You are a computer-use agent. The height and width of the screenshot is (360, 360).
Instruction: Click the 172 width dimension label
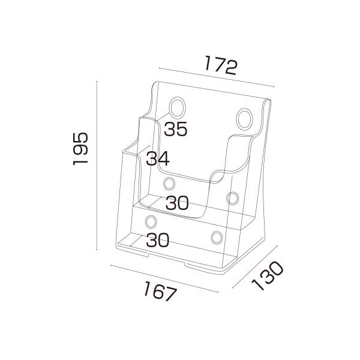pyautogui.click(x=220, y=65)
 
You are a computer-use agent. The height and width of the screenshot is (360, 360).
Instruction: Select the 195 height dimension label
pyautogui.click(x=80, y=149)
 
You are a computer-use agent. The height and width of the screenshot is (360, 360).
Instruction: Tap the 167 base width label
pyautogui.click(x=160, y=291)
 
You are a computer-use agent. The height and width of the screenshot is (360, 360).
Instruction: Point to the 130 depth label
pyautogui.click(x=268, y=275)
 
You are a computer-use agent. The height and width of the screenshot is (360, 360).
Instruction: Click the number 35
pyautogui.click(x=176, y=129)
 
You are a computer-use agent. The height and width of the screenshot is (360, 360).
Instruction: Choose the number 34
pyautogui.click(x=158, y=158)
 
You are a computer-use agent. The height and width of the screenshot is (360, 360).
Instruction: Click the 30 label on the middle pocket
pyautogui.click(x=177, y=203)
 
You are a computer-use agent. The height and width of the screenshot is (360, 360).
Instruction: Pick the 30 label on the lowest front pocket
pyautogui.click(x=158, y=240)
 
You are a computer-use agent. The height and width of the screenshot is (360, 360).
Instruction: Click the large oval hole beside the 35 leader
pyautogui.click(x=177, y=107)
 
